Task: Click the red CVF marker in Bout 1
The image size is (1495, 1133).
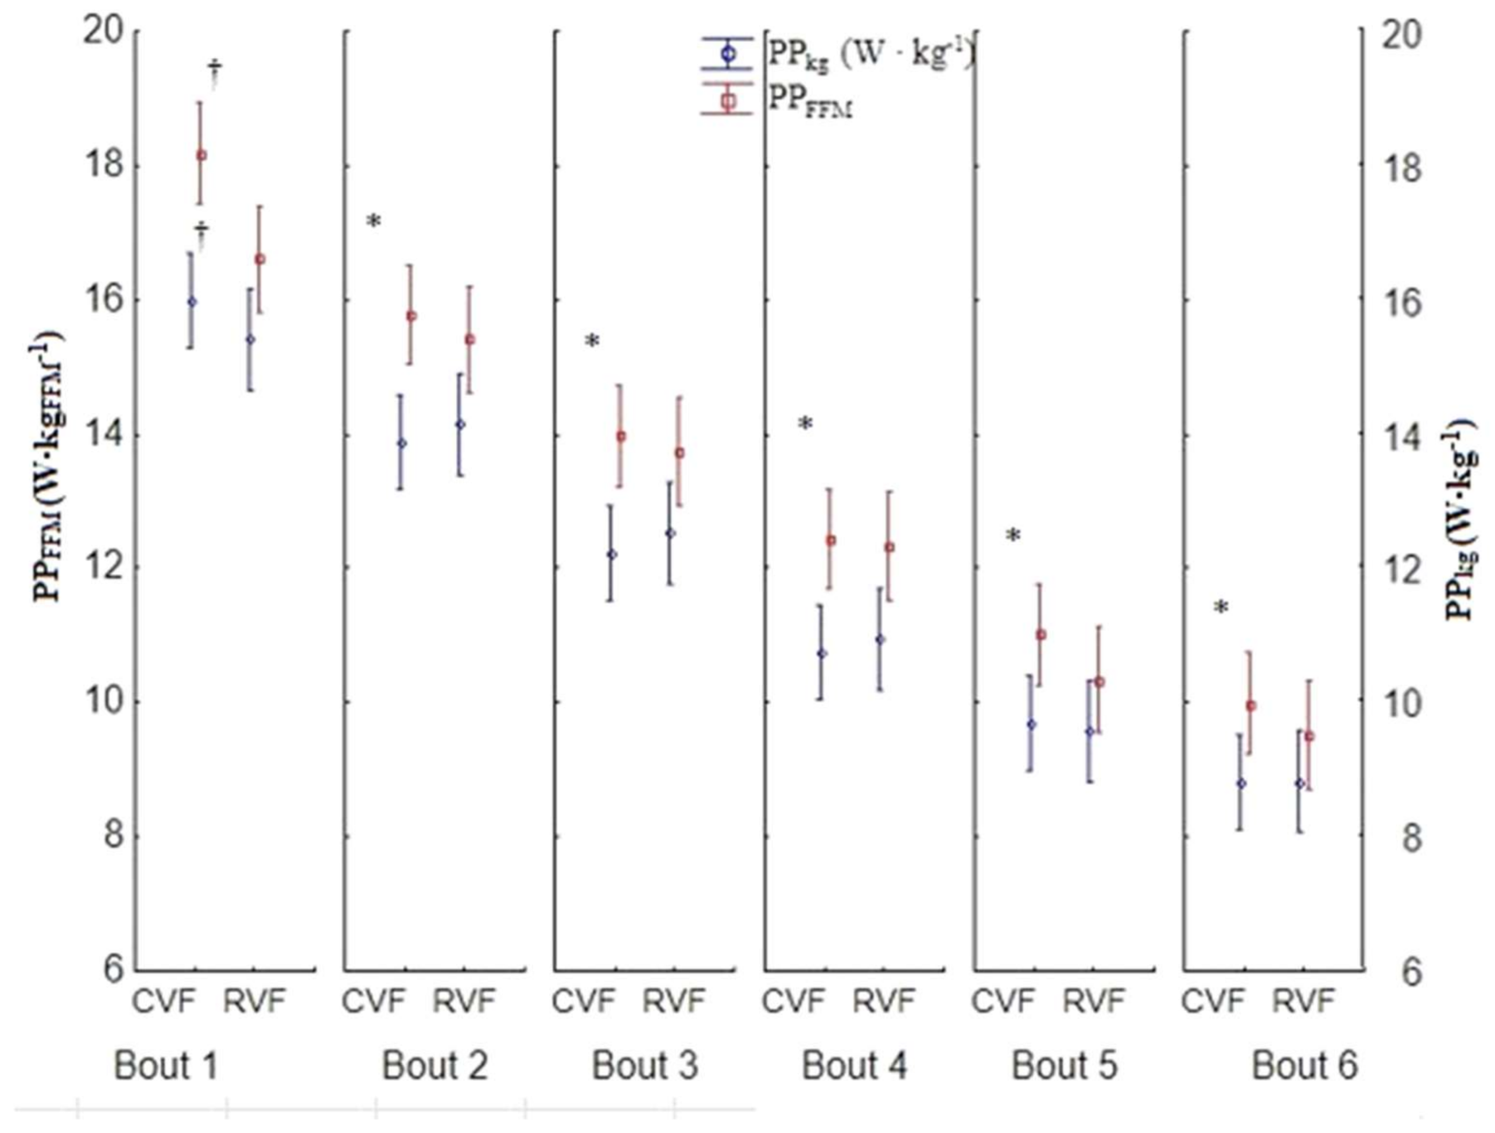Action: [x=201, y=155]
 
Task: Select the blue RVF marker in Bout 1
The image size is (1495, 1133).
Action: [x=250, y=339]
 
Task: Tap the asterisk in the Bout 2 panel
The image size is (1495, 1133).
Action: [x=374, y=222]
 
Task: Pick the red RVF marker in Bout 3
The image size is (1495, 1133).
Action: [x=680, y=453]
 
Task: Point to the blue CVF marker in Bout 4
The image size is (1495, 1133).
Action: [x=822, y=653]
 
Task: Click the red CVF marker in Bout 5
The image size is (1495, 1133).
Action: [x=1041, y=634]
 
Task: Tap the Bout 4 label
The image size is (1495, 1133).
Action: [x=854, y=1066]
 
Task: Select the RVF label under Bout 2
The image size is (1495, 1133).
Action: [x=464, y=1000]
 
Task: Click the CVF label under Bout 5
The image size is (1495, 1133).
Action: [x=1004, y=1000]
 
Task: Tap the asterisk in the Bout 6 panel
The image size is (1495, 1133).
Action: [x=1220, y=608]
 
